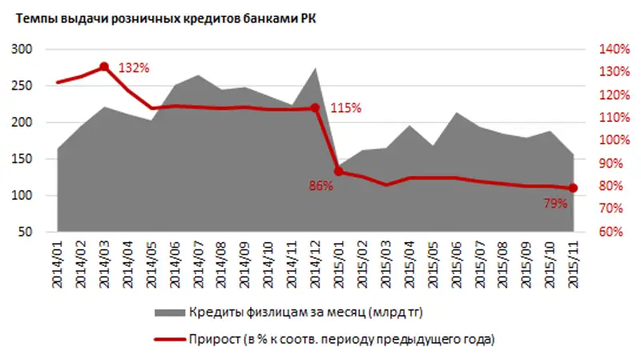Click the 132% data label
coord(133,68)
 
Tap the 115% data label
coord(345,107)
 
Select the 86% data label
coord(320,186)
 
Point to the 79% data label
coord(555,204)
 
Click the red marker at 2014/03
coord(105,67)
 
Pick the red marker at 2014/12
coord(315,107)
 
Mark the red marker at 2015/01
coord(338,171)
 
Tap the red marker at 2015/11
coord(573,188)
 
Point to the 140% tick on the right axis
coord(613,50)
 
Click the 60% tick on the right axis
coord(613,233)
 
